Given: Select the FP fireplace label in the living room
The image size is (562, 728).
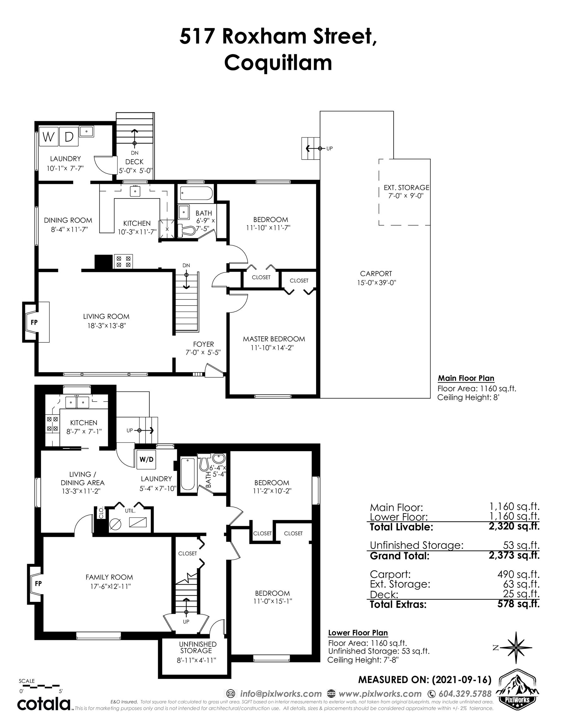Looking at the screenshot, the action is (x=34, y=322).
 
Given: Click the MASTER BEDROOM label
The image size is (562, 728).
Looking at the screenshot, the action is (x=274, y=339).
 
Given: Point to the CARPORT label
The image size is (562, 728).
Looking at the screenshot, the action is (x=376, y=274).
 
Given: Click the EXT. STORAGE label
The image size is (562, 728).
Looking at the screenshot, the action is (x=406, y=188).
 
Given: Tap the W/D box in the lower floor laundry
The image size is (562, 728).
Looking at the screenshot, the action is (x=146, y=459).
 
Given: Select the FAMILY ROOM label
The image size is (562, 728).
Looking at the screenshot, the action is (x=109, y=577).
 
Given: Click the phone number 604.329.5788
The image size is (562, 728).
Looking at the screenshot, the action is (x=465, y=694).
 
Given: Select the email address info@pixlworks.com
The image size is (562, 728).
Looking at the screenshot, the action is (x=280, y=694).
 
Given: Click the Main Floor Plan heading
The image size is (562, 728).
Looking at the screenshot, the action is (x=466, y=378).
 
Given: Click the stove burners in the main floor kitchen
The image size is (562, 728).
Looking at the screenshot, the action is (x=123, y=261).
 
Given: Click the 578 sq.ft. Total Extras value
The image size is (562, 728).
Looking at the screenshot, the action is (x=518, y=604).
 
